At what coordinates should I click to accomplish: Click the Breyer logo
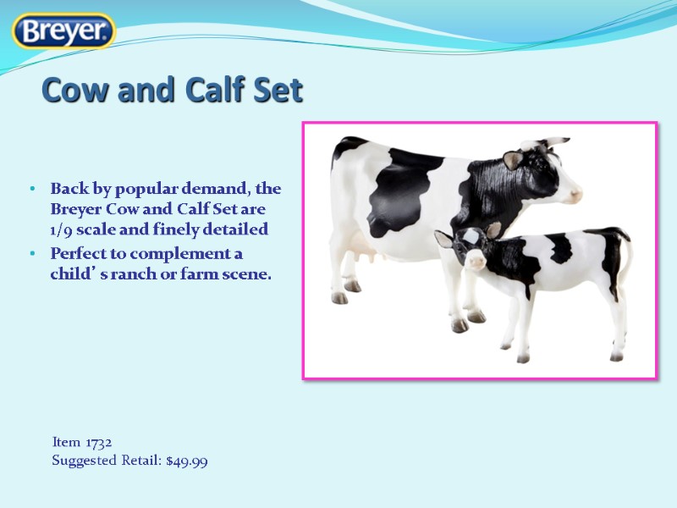(x=63, y=31)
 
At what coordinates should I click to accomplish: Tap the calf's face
(x=471, y=250)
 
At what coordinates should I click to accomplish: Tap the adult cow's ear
(x=513, y=159)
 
